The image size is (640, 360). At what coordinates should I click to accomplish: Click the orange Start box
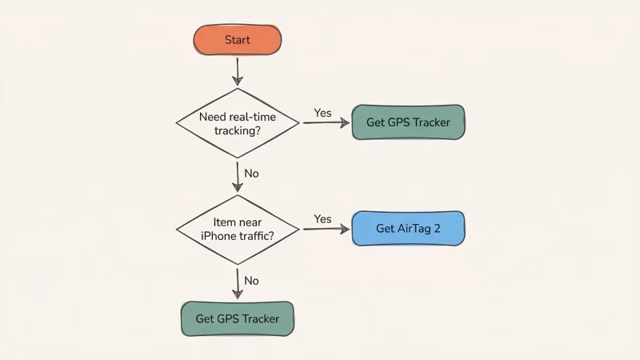click(238, 40)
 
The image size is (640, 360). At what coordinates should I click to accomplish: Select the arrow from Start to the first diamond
click(238, 70)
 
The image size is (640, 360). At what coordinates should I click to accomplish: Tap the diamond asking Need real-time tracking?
click(238, 122)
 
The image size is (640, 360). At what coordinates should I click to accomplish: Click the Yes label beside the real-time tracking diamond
click(322, 113)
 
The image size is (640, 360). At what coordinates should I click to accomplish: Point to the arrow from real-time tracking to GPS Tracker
click(324, 123)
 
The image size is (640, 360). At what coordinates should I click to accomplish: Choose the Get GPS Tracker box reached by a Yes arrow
click(408, 122)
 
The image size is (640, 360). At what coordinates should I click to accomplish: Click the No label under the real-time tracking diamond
click(251, 173)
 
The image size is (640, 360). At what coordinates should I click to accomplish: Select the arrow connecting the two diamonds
click(238, 176)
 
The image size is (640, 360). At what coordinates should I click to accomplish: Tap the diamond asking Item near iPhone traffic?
click(238, 229)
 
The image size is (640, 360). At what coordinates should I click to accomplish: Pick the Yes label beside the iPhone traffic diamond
click(322, 218)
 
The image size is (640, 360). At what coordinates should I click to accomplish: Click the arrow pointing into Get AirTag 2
click(326, 229)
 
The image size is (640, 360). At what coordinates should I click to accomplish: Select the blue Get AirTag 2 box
click(408, 229)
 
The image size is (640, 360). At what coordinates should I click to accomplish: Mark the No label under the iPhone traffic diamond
click(251, 281)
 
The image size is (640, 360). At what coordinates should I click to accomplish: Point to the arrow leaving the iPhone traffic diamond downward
click(238, 282)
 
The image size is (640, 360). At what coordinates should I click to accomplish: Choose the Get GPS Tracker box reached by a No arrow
click(238, 318)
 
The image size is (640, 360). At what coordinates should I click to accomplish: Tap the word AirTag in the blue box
click(414, 229)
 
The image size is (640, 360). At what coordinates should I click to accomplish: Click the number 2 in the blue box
click(437, 229)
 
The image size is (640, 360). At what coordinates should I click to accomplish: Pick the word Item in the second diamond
click(226, 222)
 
